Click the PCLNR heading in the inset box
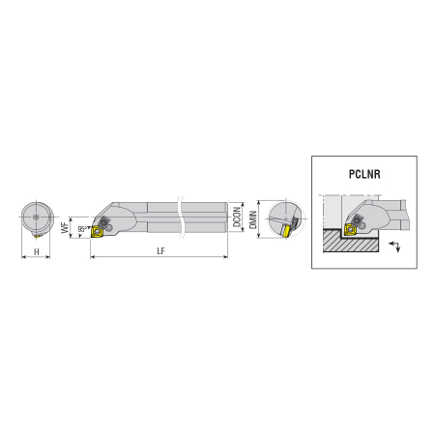364,174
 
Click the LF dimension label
161,251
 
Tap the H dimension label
37,251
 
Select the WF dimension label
65,227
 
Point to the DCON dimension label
237,217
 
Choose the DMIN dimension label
253,219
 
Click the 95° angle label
82,229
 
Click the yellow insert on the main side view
97,232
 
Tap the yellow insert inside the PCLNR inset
350,229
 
